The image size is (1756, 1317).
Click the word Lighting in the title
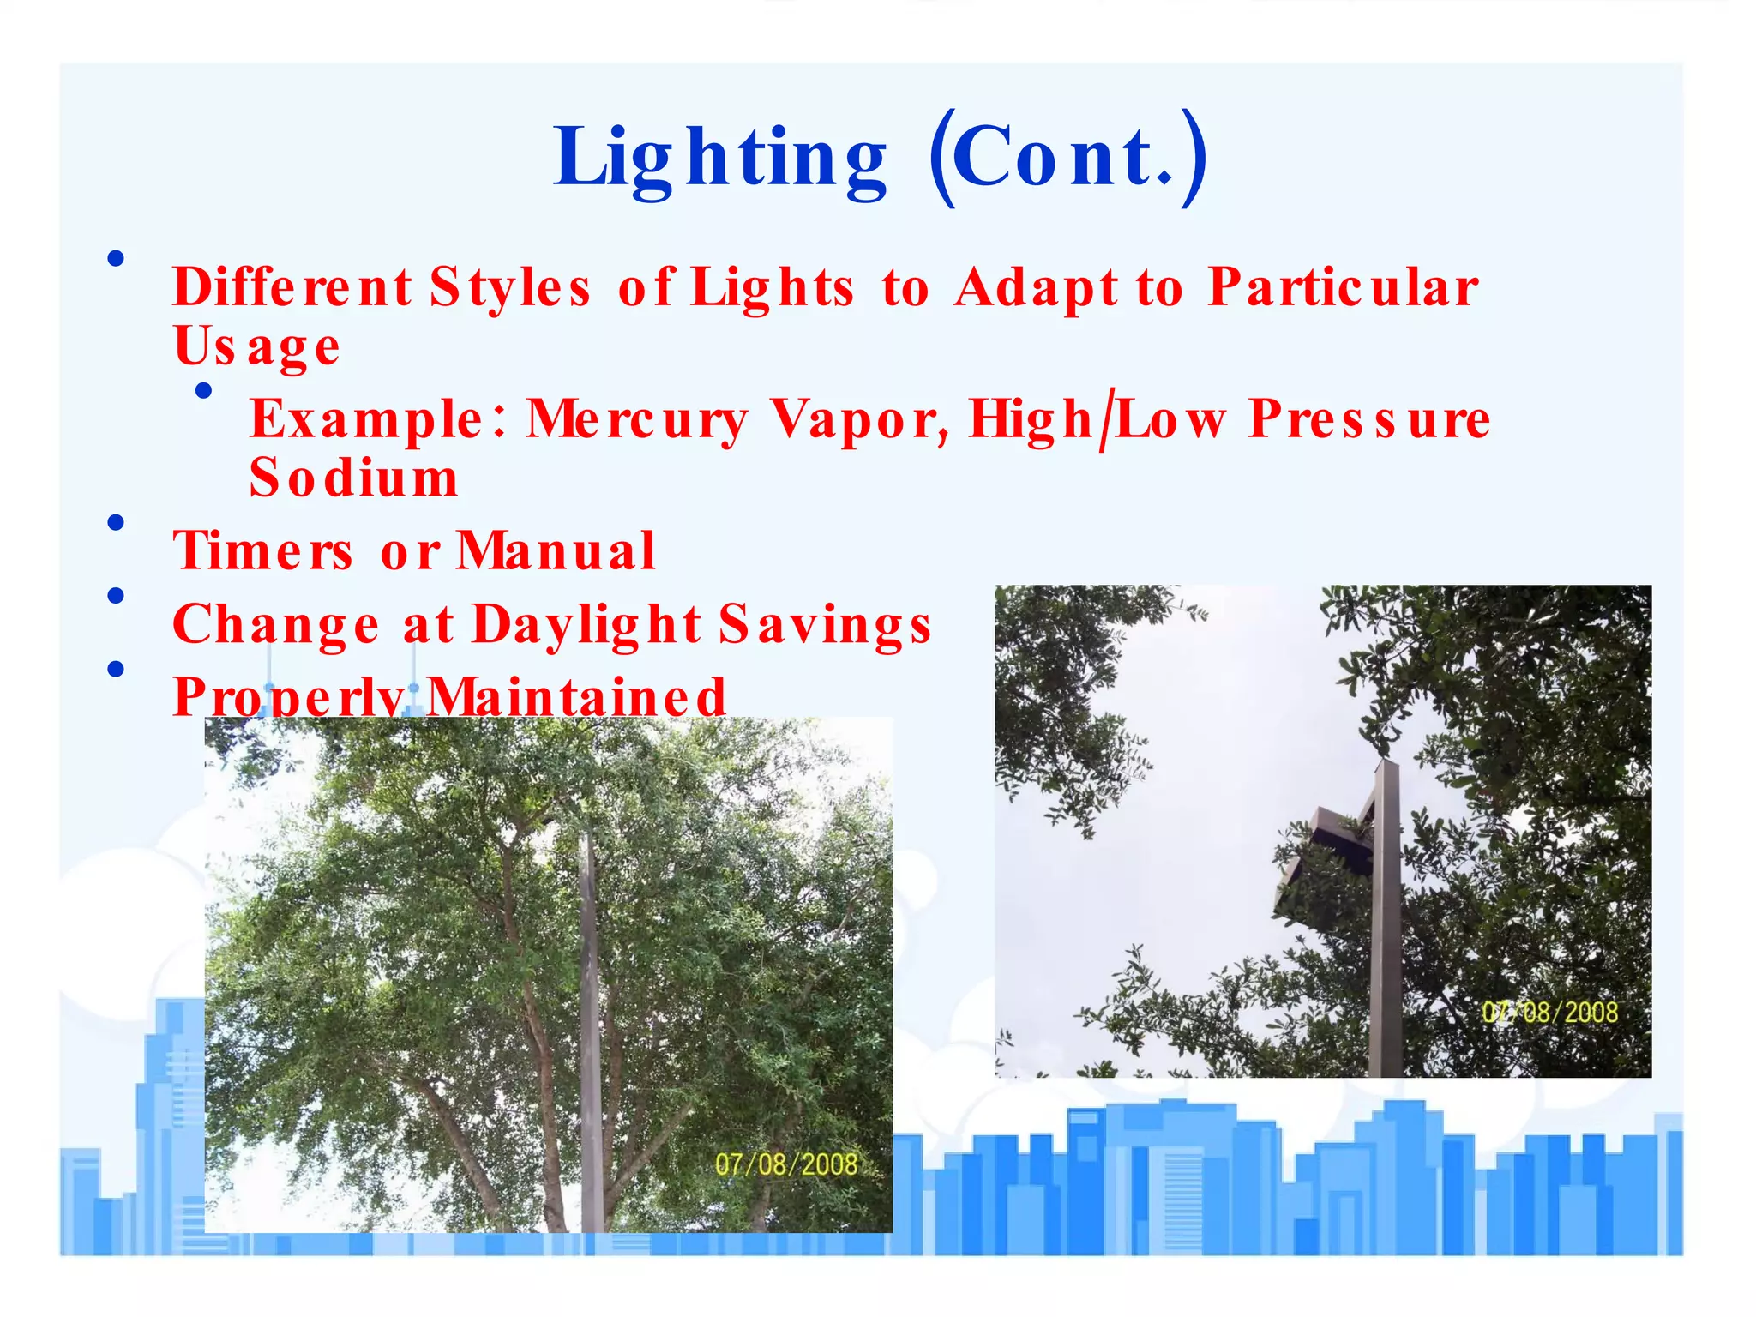coord(720,159)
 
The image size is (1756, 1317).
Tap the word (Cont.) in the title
coord(1067,159)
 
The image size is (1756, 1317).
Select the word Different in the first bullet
coord(292,287)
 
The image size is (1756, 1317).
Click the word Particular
coord(1343,287)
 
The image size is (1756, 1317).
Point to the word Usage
coord(256,347)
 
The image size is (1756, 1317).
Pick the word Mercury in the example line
coord(636,420)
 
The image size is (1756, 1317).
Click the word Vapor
coord(859,420)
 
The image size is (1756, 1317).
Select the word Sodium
coord(353,478)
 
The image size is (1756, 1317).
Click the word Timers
coord(262,551)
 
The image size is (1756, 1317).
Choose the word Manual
coord(556,551)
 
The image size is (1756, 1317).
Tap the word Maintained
coord(576,696)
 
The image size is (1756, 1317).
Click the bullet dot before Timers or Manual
coord(117,522)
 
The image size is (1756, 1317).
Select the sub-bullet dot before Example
coord(203,391)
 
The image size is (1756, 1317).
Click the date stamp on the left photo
coord(785,1164)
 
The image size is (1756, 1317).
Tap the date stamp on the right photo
coord(1549,1013)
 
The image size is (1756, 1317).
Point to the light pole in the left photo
coord(590,1029)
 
